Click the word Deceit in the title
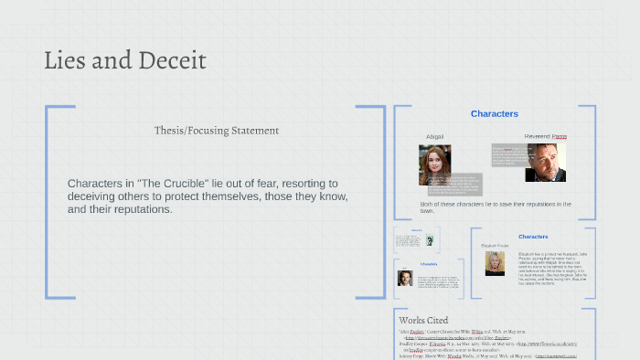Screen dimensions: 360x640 [172, 61]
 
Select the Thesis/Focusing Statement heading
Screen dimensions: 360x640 [217, 131]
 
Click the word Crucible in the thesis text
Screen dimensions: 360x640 [191, 184]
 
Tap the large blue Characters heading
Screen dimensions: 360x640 [494, 114]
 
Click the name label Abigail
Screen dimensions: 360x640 [434, 137]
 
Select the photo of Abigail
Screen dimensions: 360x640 [434, 164]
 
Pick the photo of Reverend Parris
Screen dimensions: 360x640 [545, 162]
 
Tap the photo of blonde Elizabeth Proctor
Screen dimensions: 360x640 [495, 263]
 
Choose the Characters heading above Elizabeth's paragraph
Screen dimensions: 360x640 [533, 237]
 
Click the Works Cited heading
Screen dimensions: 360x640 [423, 321]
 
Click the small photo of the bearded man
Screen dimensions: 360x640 [404, 278]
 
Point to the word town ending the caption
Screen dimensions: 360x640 [427, 211]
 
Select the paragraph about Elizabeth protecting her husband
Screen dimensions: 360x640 [551, 267]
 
